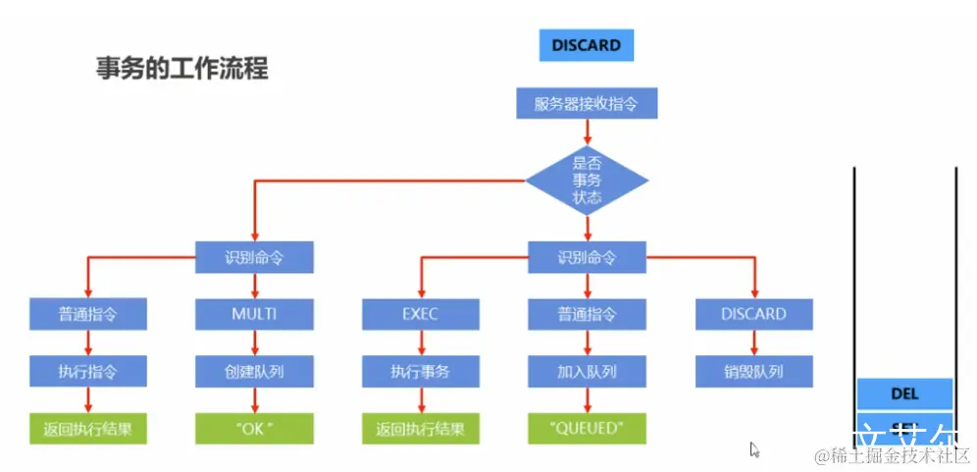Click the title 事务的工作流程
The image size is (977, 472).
coord(182,69)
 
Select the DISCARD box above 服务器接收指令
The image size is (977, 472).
coord(586,45)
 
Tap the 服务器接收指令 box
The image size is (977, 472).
coord(586,103)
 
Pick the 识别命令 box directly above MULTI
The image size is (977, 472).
coord(254,258)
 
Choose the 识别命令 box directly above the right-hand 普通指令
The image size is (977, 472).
coord(587,258)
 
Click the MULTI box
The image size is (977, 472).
coord(254,314)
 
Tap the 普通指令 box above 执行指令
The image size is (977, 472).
coord(88,314)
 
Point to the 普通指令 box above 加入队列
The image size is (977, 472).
coord(587,314)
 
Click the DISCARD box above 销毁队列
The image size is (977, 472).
coord(753,314)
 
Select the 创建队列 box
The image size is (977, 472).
coord(254,371)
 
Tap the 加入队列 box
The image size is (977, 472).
coord(587,371)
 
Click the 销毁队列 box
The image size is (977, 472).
coord(753,371)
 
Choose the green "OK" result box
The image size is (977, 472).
coord(254,428)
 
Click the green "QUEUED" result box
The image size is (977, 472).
coord(587,428)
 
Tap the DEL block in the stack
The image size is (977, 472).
coord(904,393)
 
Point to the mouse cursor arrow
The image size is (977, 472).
coord(754,450)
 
